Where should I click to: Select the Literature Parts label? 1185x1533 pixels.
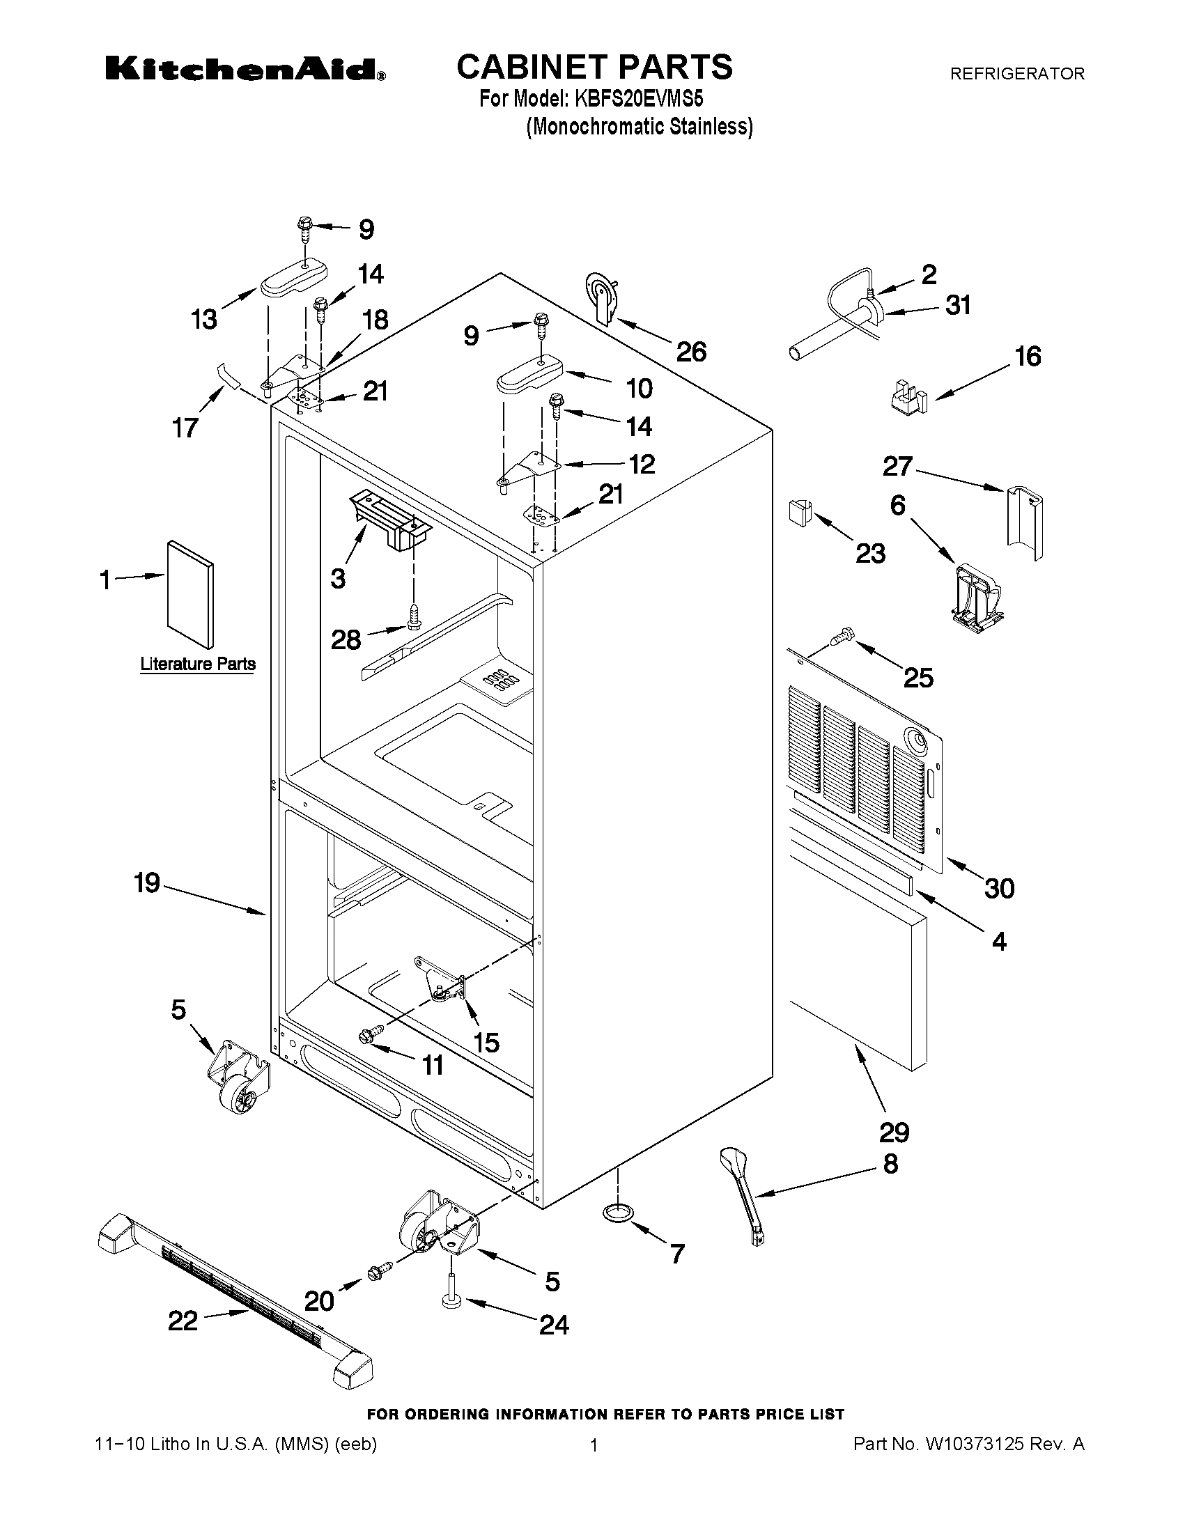point(197,663)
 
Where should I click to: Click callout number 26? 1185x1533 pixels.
point(691,352)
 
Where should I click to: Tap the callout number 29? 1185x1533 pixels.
point(894,1132)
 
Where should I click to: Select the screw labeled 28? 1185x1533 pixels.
point(415,616)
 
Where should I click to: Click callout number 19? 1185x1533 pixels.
point(148,882)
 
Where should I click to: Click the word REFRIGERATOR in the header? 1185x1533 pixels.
point(1016,73)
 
